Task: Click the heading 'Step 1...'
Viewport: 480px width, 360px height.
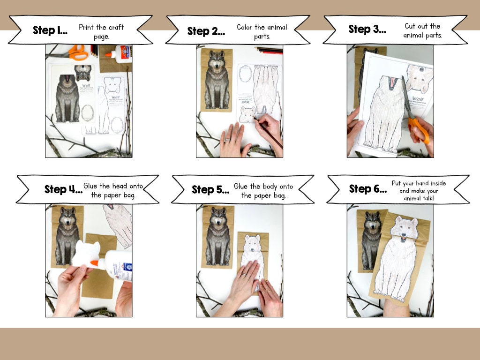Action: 50,31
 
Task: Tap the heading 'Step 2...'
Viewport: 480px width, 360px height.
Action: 206,31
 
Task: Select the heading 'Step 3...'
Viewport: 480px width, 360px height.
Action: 367,30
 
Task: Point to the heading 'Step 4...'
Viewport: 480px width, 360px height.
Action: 63,190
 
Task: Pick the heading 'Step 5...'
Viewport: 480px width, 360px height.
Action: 210,190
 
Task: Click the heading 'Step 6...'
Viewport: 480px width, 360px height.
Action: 368,189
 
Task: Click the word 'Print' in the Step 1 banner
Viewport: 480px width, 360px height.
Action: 87,27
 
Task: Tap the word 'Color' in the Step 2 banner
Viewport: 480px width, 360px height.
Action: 247,27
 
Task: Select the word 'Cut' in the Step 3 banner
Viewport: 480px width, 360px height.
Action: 411,26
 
